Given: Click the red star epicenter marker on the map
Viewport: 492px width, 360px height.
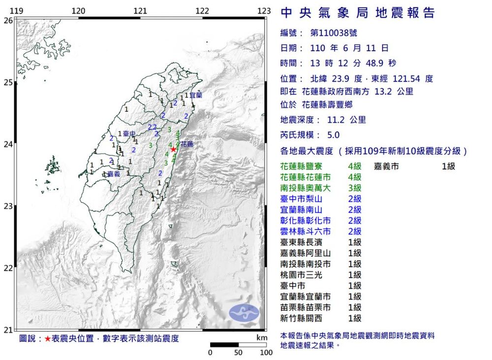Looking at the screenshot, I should tap(173, 149).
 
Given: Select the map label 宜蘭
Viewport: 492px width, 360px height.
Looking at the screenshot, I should tap(195, 96).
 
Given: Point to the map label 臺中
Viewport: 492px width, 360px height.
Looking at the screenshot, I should tap(129, 133).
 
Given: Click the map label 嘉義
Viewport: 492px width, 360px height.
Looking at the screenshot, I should tap(114, 174).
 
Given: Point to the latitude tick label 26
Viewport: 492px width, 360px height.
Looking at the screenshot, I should tap(8, 20).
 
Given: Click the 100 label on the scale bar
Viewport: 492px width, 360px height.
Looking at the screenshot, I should tap(266, 353).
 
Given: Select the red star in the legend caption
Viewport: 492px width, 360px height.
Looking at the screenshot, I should tap(47, 339).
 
